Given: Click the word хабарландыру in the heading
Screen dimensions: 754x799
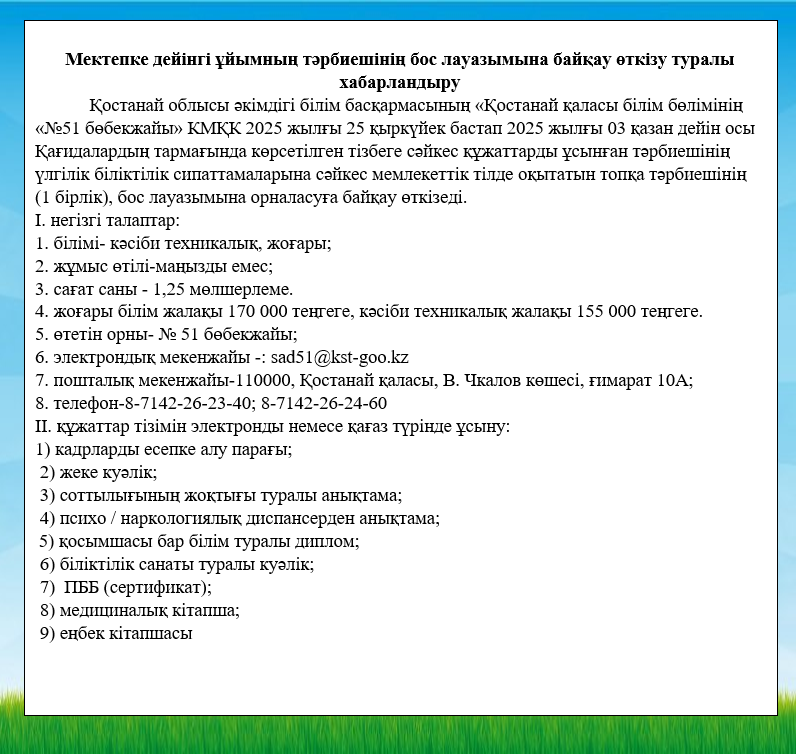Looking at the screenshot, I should pos(399,81).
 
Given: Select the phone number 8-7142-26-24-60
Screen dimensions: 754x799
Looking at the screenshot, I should pos(324,403).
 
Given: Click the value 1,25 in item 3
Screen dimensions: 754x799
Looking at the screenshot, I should pos(156,288).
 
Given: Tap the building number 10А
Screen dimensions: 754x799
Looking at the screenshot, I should pos(675,380).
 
